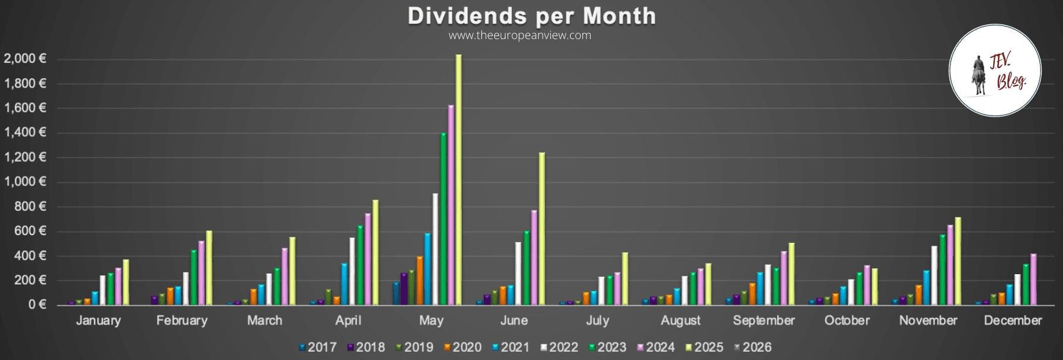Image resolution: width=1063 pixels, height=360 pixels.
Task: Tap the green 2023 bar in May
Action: pos(443,219)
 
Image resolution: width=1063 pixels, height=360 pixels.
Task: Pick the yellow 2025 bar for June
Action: pos(542,228)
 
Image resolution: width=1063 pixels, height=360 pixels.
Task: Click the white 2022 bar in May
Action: pos(435,249)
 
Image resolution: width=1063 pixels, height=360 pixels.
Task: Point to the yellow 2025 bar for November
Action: pos(958,261)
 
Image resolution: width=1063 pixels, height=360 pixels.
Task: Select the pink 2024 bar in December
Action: pos(1033,279)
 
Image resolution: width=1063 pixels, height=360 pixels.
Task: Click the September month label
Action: pos(764,321)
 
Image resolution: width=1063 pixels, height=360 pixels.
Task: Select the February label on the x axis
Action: pos(182,321)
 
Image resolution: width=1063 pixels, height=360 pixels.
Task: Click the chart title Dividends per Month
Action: pos(531,16)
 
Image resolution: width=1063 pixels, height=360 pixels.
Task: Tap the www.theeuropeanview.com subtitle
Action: pos(520,36)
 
